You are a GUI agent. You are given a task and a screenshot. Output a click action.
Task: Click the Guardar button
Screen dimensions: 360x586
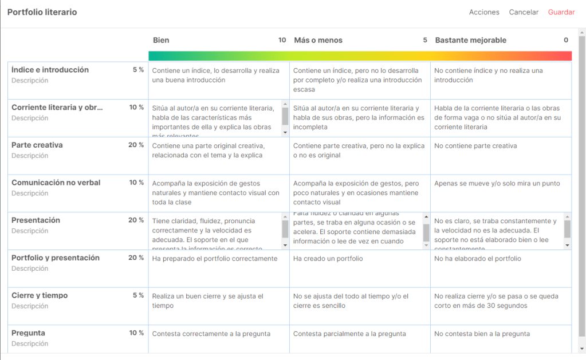tap(561, 12)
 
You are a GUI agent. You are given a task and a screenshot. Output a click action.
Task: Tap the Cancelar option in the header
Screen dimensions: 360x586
tap(524, 12)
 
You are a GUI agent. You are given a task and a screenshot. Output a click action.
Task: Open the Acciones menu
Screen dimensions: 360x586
tap(484, 12)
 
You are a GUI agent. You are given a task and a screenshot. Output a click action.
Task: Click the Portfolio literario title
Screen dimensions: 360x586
tap(42, 12)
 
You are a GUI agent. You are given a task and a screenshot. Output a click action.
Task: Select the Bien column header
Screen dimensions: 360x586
tap(161, 40)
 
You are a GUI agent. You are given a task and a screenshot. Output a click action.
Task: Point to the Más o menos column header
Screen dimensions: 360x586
tap(318, 40)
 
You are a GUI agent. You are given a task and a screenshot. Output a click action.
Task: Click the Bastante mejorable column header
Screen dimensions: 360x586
tap(470, 40)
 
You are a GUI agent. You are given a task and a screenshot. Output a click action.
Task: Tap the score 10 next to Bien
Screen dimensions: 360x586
tap(282, 40)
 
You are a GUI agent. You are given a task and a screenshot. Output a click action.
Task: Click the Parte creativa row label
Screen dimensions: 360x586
tap(37, 145)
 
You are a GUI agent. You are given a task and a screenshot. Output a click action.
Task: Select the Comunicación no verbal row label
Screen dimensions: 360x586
tap(56, 183)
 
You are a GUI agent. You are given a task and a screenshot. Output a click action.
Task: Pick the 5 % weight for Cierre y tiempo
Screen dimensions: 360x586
tap(138, 295)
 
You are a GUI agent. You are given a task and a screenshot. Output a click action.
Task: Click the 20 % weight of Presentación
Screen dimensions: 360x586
tap(136, 220)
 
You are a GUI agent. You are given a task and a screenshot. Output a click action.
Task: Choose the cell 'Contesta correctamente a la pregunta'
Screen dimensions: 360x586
tap(211, 334)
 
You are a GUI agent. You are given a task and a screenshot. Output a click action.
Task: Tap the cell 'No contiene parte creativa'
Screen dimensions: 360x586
tap(475, 146)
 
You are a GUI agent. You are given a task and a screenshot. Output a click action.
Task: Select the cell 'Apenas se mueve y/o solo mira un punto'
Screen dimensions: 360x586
tap(497, 184)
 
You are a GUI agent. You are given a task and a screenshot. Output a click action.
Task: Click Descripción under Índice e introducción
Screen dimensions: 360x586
tap(30, 81)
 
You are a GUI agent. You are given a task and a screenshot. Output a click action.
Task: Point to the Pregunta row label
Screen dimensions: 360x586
tap(28, 333)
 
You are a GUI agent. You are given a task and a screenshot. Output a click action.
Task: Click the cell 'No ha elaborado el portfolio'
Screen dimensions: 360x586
tap(477, 259)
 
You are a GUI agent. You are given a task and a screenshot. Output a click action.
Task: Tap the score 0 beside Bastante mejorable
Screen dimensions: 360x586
tap(566, 40)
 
